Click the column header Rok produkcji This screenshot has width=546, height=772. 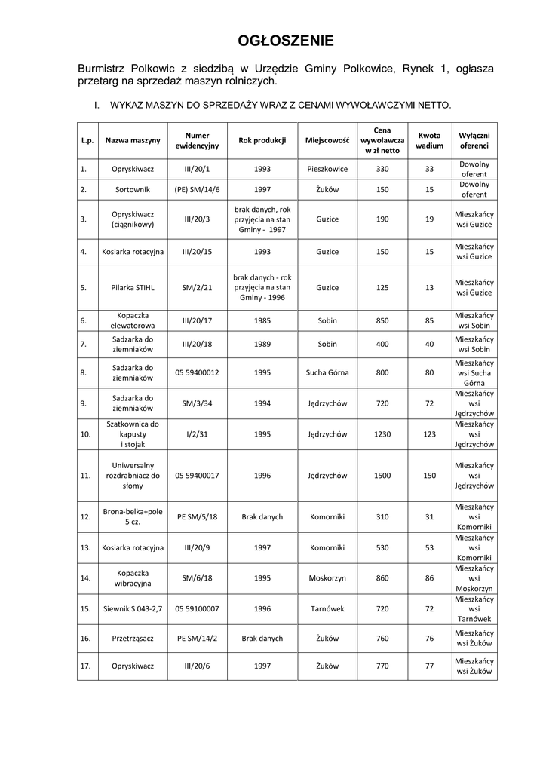coord(262,140)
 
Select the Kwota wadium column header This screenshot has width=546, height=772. coord(429,140)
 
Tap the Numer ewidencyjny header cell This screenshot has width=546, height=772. coord(197,140)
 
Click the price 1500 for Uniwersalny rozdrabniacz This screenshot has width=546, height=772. coord(382,476)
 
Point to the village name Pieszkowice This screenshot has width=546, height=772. coord(327,169)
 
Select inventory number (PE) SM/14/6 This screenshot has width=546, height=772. coord(197,189)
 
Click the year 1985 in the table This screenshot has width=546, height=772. coord(262,320)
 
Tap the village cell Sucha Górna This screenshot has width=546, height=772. coord(327,372)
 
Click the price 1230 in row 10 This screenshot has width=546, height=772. coord(382,434)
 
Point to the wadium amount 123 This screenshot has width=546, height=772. coord(429,434)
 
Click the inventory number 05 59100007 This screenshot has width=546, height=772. coord(197,607)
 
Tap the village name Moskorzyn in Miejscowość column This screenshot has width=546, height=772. coord(327,577)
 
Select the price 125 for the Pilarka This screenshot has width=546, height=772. coord(382,287)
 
